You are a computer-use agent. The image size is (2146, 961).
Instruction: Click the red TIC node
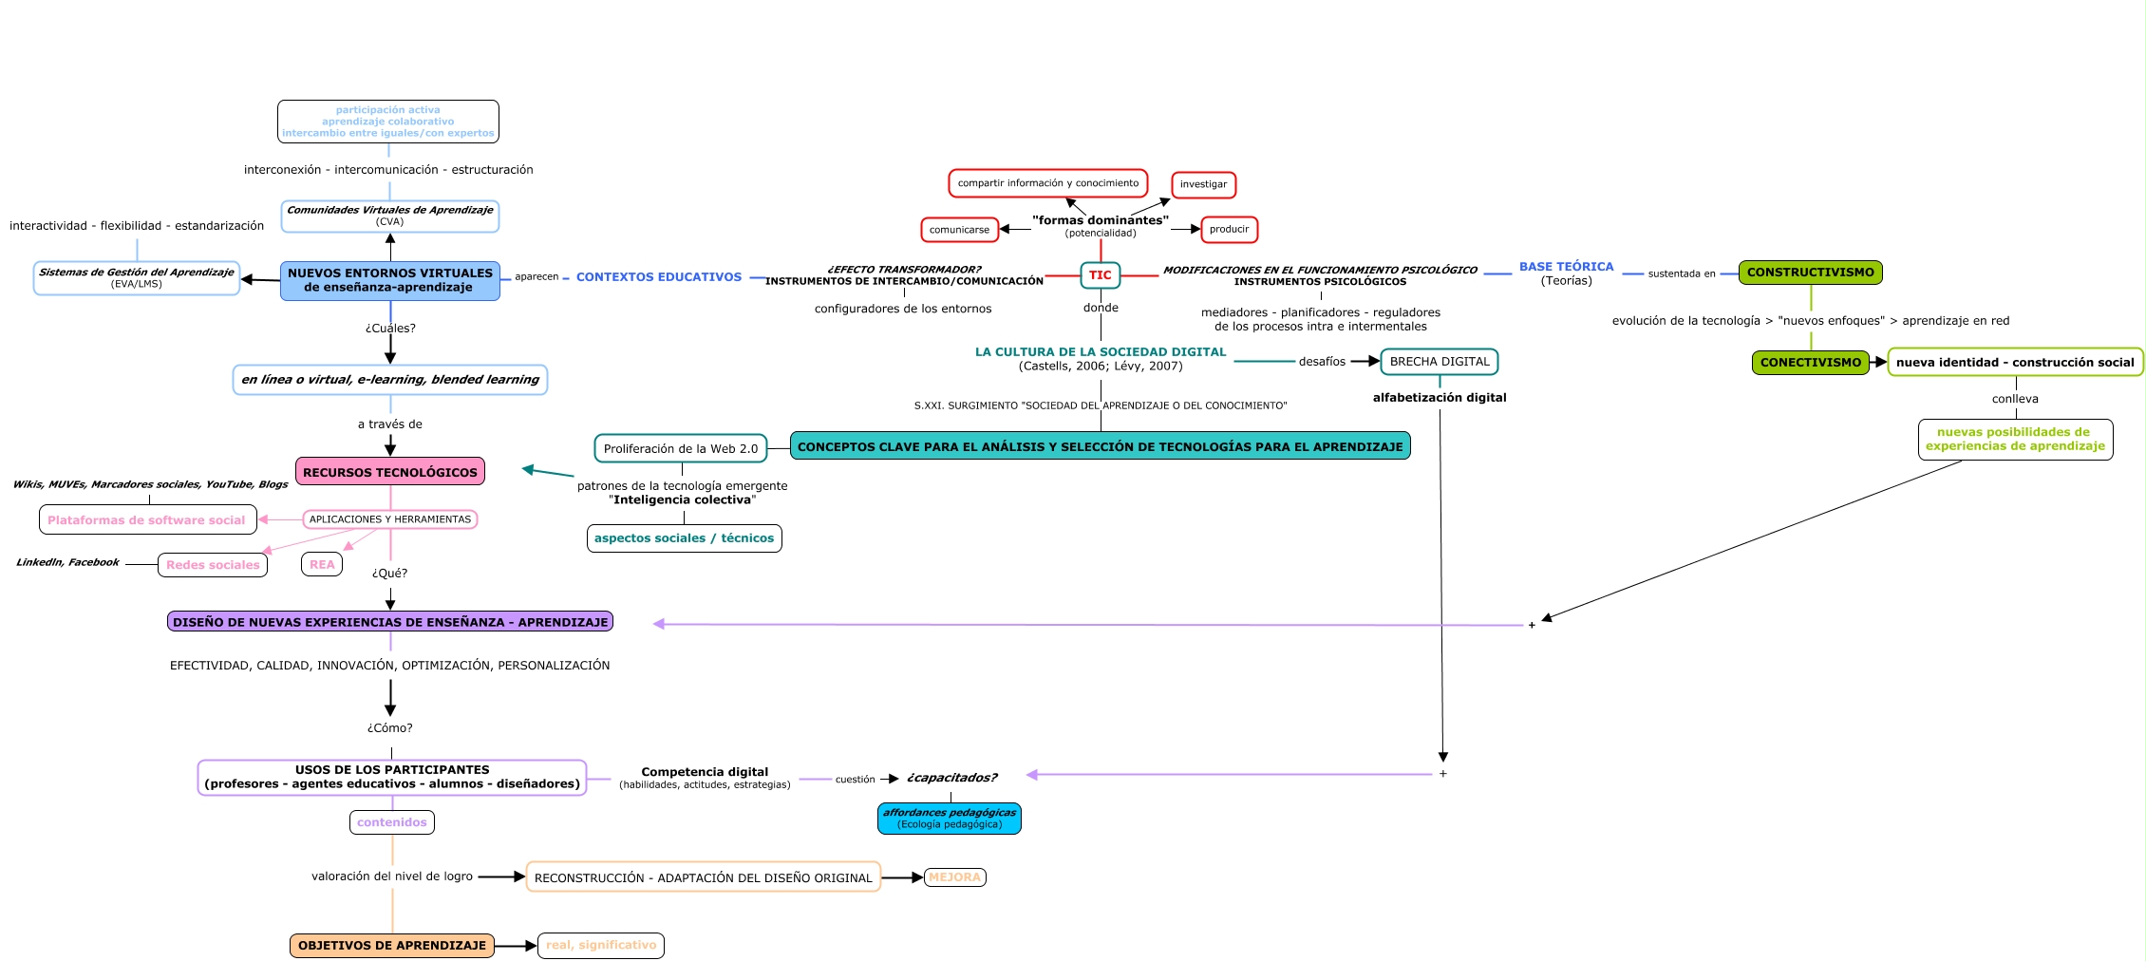point(1100,275)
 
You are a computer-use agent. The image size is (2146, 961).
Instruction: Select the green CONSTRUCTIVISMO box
point(1810,273)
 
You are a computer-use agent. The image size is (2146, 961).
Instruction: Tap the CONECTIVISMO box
point(1810,363)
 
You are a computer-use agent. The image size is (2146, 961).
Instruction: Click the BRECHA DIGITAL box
point(1439,362)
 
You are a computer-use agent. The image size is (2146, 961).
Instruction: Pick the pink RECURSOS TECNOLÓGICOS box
point(390,472)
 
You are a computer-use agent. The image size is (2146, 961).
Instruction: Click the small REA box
point(322,565)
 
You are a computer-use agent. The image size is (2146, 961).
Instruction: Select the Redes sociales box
point(213,565)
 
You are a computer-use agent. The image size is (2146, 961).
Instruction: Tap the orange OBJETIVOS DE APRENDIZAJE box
point(391,946)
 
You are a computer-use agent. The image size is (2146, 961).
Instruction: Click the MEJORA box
point(954,877)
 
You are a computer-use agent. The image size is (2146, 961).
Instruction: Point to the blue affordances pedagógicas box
point(949,819)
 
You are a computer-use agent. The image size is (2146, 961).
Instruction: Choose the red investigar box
point(1203,184)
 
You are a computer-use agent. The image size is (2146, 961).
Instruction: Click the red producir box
point(1229,230)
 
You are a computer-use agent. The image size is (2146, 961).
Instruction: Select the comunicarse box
point(959,230)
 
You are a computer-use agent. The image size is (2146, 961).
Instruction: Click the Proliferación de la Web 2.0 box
point(680,448)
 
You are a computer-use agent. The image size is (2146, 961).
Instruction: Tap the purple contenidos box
point(391,822)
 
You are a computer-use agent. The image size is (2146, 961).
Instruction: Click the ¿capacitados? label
point(951,778)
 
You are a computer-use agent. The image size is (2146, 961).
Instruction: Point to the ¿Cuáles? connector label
point(390,329)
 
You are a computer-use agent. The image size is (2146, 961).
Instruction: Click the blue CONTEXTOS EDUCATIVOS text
point(658,277)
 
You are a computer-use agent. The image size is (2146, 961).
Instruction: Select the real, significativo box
point(600,946)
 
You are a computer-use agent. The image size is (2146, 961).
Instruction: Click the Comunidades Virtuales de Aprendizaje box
point(389,216)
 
